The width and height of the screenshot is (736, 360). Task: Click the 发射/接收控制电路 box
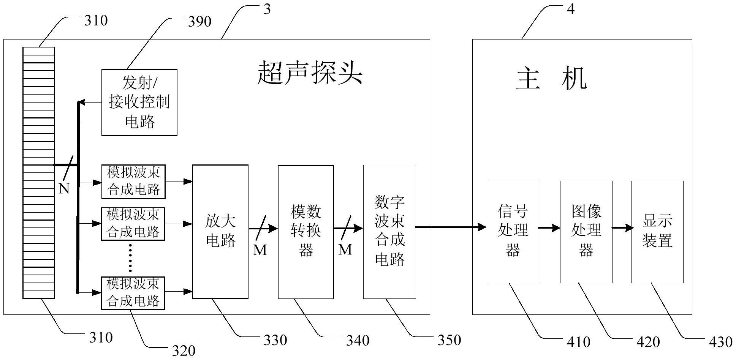point(139,102)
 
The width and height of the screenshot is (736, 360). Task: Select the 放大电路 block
point(220,232)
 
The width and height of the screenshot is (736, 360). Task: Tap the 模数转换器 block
point(306,232)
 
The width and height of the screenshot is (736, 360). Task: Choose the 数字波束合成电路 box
point(389,232)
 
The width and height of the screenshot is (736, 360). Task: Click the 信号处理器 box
point(513,232)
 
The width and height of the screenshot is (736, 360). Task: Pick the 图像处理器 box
point(586,232)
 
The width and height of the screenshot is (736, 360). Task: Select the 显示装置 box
point(657,232)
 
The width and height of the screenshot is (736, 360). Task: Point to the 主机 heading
point(551,79)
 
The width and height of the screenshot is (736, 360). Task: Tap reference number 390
point(200,22)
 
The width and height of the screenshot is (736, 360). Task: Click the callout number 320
point(184,351)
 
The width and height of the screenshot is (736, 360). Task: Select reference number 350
point(449,340)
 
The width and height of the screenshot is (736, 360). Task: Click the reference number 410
point(578,342)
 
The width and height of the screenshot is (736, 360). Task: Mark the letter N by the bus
point(64,188)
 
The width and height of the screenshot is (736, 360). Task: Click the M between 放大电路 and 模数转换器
point(260,249)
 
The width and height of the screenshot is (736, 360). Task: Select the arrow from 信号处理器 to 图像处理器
point(549,228)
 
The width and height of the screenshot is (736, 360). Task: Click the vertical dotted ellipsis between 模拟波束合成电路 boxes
point(130,258)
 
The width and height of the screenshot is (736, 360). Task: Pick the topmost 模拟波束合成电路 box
point(133,182)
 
